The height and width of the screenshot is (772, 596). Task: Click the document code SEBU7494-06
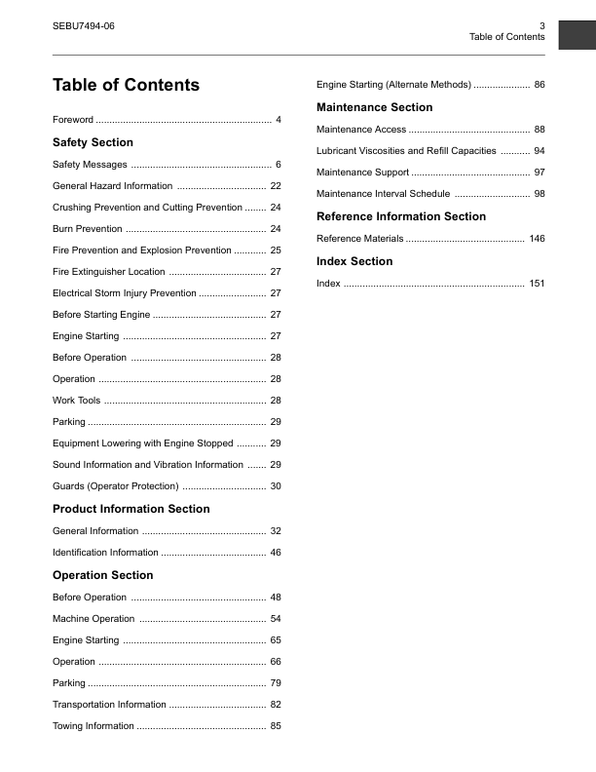[83, 25]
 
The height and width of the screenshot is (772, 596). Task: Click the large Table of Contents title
[126, 85]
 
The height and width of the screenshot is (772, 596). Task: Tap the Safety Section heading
[93, 142]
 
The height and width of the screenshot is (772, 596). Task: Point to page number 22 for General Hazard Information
[276, 186]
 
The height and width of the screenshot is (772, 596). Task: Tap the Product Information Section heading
[130, 509]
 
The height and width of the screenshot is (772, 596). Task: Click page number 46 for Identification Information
[276, 553]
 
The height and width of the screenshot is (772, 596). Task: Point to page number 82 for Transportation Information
[276, 705]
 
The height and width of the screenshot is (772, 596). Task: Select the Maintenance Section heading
[375, 107]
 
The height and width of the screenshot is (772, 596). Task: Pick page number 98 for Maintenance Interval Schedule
[540, 194]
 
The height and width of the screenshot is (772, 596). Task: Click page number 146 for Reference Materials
[537, 239]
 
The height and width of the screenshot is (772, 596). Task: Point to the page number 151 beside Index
[537, 284]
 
